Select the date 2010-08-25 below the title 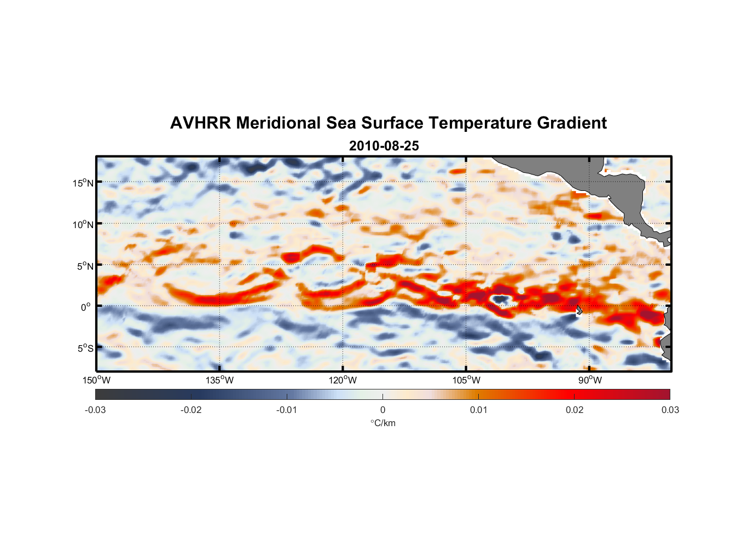point(384,146)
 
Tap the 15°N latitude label point(83,183)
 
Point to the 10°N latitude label point(83,224)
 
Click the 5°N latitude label point(85,266)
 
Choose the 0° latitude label point(86,307)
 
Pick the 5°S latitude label point(85,348)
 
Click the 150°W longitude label point(96,380)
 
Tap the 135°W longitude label point(219,380)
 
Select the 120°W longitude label point(343,380)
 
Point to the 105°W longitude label point(466,380)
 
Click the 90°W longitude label point(589,380)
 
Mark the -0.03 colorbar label point(95,410)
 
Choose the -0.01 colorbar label point(287,410)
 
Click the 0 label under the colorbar point(382,410)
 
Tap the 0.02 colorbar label point(574,410)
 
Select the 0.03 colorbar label point(670,410)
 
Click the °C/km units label point(382,423)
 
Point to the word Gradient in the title point(572,123)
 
